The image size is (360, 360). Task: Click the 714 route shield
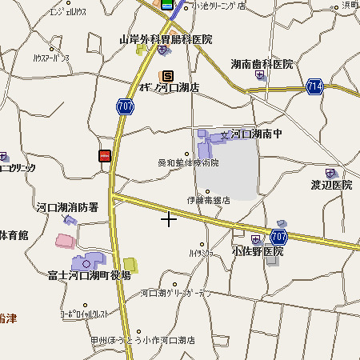314,86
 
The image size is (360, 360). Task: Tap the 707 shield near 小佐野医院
279,236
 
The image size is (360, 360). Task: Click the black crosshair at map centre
169,218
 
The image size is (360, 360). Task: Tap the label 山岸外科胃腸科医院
166,38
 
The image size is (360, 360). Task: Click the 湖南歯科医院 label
262,63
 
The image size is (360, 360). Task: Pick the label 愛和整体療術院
188,162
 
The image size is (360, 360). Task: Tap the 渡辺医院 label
331,185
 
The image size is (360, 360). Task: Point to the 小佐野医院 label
258,250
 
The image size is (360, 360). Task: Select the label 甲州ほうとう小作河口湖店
142,339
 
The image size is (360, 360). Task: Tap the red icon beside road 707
104,156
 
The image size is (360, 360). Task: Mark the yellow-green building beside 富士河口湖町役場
130,265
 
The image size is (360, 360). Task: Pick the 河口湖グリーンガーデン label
177,294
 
